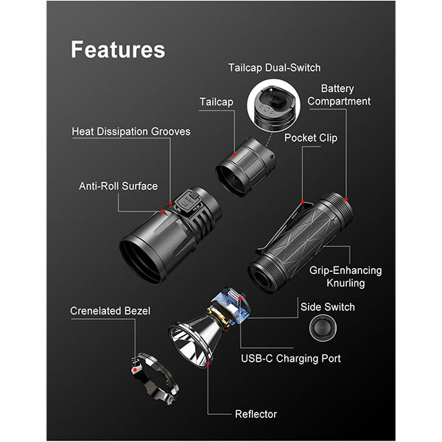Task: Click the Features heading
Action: (118, 49)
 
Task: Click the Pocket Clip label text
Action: (312, 138)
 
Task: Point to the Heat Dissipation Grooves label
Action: (131, 132)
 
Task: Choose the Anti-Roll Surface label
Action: (118, 186)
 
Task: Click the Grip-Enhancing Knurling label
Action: (337, 277)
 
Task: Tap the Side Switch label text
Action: (327, 306)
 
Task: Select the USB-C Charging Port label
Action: (291, 359)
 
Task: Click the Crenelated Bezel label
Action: (110, 311)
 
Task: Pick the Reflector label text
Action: (256, 414)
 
